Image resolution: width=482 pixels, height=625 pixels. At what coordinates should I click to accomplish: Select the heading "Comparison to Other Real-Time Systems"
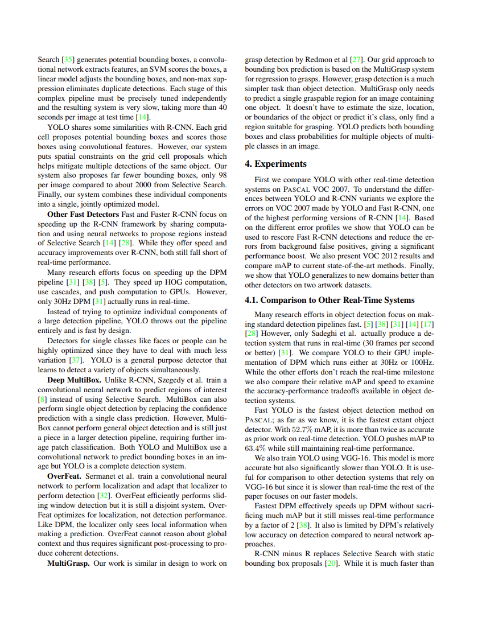click(x=338, y=300)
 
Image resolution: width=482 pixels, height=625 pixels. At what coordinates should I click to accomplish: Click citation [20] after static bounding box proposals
click(x=330, y=564)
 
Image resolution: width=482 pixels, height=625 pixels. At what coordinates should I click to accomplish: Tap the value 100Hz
click(x=422, y=363)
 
